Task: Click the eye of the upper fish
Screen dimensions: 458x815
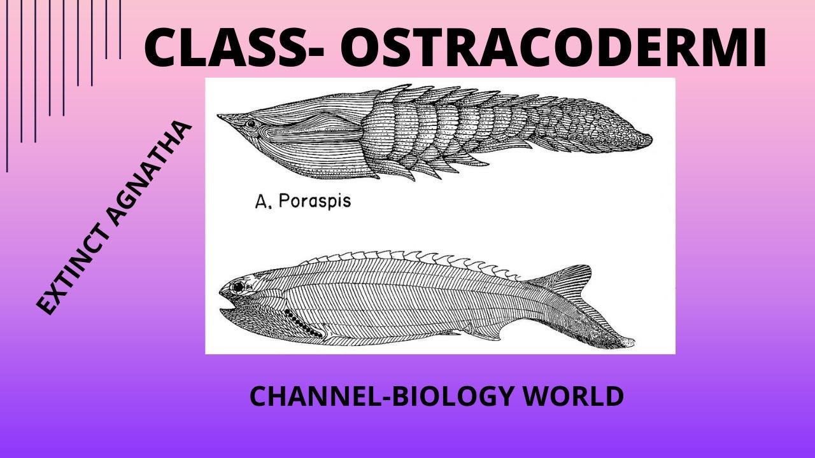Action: [252, 123]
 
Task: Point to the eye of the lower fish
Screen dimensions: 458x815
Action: [238, 288]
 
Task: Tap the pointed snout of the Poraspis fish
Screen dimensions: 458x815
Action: [221, 117]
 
